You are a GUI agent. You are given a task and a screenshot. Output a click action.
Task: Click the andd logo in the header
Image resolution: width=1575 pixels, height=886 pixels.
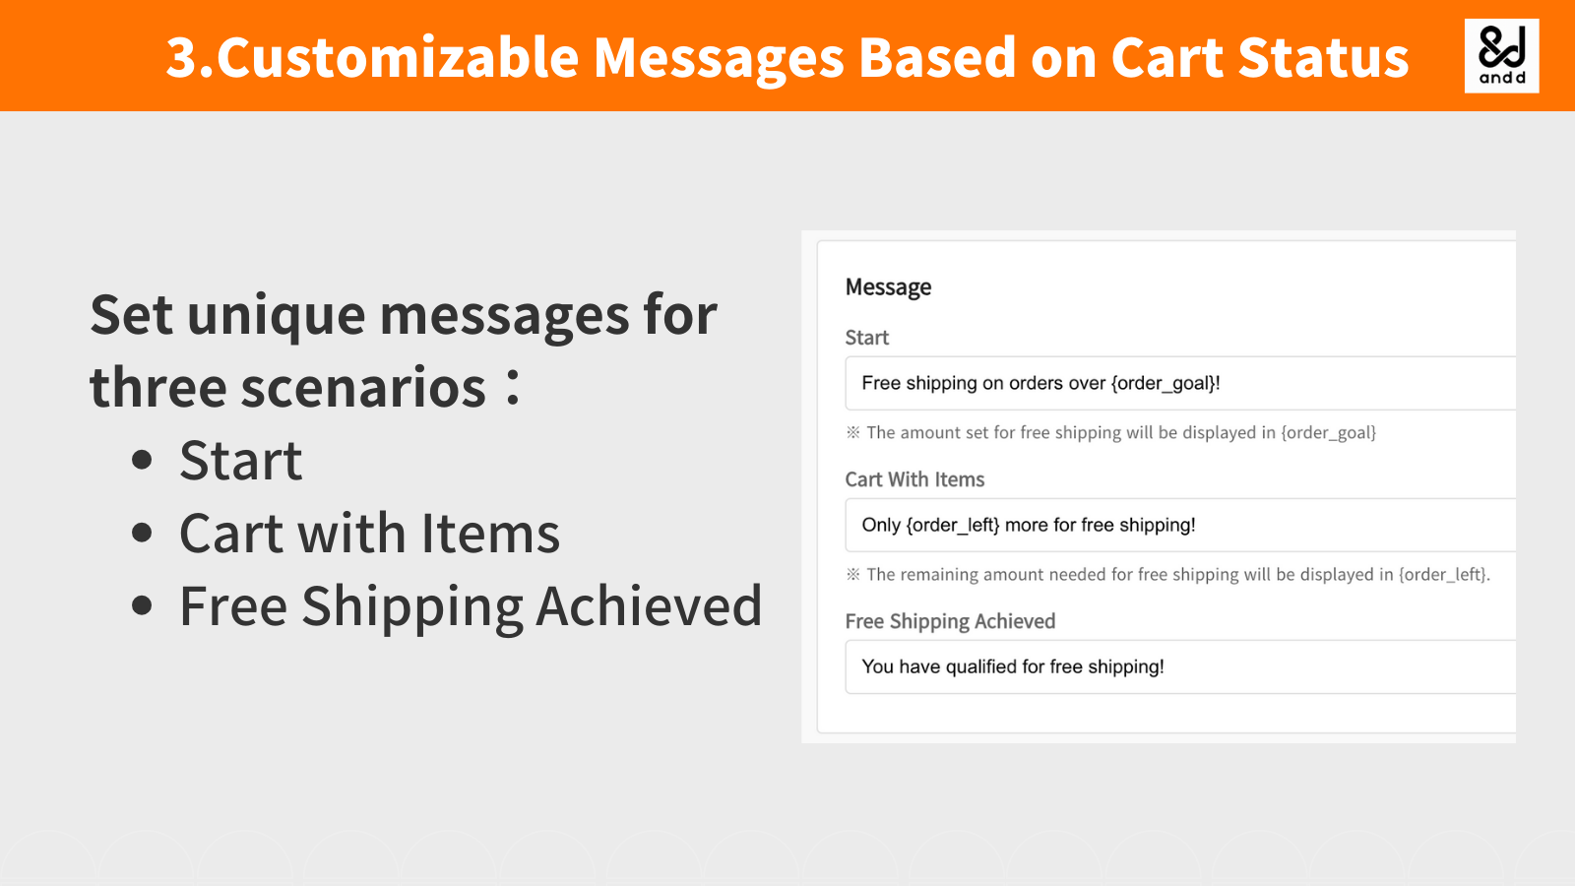[x=1501, y=56]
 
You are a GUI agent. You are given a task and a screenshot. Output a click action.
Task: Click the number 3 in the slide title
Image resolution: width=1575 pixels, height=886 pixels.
[x=182, y=57]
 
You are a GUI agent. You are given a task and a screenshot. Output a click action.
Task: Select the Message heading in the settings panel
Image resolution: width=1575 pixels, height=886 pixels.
[x=888, y=287]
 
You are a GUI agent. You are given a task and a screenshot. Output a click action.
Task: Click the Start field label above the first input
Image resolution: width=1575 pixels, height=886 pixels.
[x=866, y=338]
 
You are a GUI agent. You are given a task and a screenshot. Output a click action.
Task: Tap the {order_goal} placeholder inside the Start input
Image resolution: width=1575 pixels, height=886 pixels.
[x=1164, y=383]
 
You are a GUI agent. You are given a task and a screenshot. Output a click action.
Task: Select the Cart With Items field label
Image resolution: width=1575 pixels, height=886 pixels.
[x=914, y=479]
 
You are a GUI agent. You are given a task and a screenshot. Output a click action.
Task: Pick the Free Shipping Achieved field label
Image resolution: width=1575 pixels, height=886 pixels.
[x=950, y=621]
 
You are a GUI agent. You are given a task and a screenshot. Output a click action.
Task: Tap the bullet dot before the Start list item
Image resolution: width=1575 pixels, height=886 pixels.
[x=143, y=460]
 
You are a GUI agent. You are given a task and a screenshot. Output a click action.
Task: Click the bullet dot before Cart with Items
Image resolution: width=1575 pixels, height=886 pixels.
[x=143, y=533]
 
